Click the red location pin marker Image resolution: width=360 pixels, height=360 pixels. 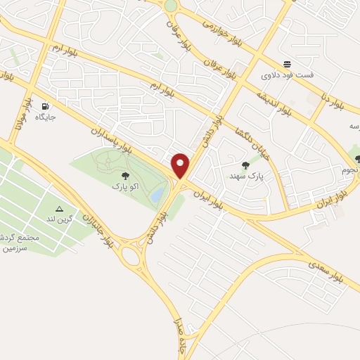(181, 165)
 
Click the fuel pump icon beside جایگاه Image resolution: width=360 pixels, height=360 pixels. (46, 105)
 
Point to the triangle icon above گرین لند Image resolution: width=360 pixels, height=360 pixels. (60, 209)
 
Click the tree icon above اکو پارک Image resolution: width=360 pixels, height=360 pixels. (125, 176)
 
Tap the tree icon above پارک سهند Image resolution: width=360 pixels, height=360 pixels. (245, 165)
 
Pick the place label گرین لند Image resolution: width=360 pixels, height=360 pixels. (60, 219)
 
